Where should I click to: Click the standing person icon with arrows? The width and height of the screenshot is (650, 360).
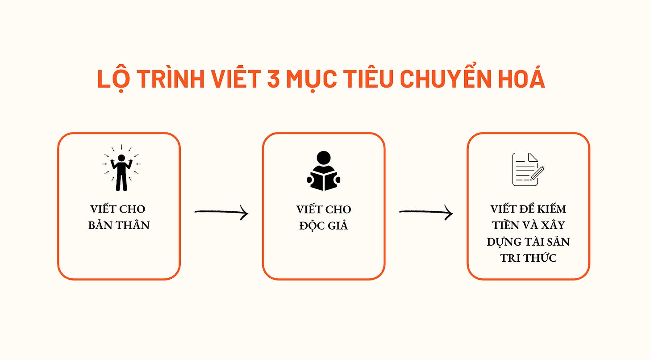(121, 169)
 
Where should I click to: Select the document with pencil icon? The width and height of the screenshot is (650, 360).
(528, 169)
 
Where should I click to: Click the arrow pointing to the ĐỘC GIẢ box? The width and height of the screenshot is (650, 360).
(221, 213)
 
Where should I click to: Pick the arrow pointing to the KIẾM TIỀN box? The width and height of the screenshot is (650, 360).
(425, 213)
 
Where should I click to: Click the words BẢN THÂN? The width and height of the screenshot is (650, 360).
(119, 225)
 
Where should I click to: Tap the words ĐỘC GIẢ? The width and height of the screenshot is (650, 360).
(324, 225)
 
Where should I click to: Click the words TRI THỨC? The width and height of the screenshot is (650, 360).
(529, 258)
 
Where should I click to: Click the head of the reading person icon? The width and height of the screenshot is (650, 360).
(324, 158)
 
